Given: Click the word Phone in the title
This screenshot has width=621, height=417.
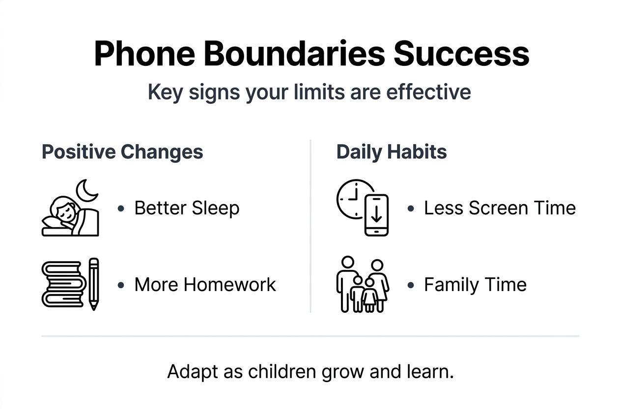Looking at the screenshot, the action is (x=144, y=54).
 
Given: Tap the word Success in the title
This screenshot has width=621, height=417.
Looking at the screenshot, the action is (x=462, y=54).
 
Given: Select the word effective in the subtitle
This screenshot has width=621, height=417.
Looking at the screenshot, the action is (x=428, y=92).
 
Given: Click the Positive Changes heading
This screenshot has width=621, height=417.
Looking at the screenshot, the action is (x=122, y=152).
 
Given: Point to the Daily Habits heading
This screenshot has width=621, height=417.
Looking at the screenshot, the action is (x=392, y=152).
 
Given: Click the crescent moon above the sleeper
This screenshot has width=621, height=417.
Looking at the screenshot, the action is (x=86, y=191).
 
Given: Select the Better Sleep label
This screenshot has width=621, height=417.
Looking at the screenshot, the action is (x=187, y=208).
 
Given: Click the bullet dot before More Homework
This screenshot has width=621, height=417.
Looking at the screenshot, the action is (x=121, y=285).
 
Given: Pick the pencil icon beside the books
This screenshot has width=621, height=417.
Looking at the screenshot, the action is (x=94, y=284).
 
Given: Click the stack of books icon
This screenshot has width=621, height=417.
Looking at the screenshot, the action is (x=64, y=284).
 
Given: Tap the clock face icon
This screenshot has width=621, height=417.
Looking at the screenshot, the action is (x=353, y=199).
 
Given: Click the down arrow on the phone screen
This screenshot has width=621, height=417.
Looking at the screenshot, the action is (x=376, y=215).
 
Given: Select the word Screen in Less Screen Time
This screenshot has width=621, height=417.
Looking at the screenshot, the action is (x=499, y=208).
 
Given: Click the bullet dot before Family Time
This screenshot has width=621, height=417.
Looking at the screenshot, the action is (x=411, y=285).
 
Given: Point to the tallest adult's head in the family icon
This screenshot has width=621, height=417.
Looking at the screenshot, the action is (x=348, y=262).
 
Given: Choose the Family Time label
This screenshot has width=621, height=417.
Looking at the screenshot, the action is (x=475, y=285).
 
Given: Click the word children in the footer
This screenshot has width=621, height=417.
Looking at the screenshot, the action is (x=282, y=371).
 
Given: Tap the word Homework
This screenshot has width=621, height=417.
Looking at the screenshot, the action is (x=229, y=285).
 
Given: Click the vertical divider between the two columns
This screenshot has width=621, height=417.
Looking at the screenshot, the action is (x=310, y=226).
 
